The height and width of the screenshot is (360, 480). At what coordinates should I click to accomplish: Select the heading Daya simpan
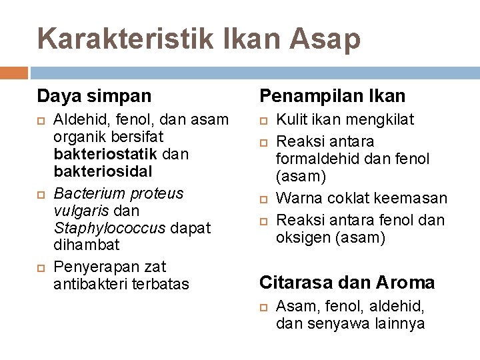(x=95, y=96)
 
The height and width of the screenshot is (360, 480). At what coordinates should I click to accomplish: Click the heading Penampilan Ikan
(x=332, y=96)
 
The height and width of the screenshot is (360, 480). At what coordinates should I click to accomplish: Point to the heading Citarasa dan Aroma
(x=347, y=283)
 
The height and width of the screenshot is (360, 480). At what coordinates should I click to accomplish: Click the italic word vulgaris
(x=79, y=211)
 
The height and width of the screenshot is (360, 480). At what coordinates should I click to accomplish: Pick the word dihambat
(x=86, y=245)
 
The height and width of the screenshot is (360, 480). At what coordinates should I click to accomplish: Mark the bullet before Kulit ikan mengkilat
(x=264, y=121)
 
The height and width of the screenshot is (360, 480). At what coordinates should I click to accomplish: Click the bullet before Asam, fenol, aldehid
(x=264, y=307)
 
